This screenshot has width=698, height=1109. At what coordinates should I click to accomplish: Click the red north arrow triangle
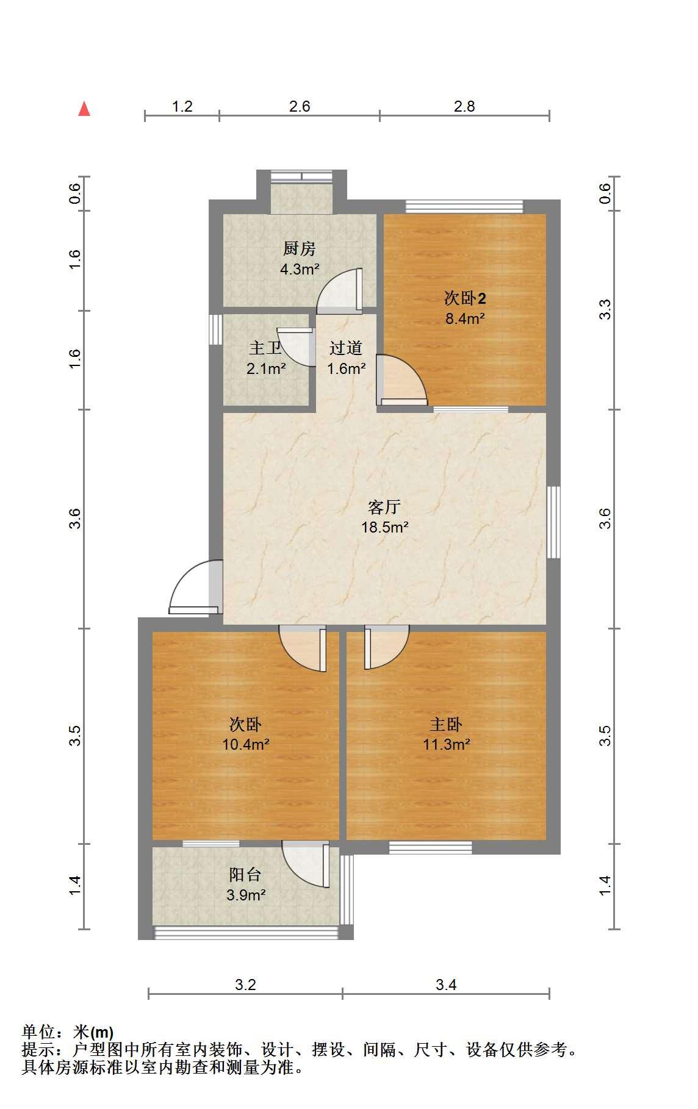coord(84,109)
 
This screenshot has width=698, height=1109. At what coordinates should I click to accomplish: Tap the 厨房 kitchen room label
coord(300,249)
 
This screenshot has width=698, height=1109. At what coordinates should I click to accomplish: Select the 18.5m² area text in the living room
coord(384,527)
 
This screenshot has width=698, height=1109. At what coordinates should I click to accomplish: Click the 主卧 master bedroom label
coord(446,725)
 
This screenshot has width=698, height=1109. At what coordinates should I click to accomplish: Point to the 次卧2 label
coord(465,298)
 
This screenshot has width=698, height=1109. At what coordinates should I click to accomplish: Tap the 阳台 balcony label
coord(245,875)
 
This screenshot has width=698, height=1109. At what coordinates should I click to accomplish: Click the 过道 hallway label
coord(346,348)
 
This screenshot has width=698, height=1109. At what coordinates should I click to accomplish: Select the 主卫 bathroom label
coord(265,348)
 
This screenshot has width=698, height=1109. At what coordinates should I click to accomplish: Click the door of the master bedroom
coord(386,648)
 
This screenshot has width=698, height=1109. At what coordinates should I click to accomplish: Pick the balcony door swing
coord(306,864)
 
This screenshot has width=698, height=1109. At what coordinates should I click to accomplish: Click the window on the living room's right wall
coord(553,522)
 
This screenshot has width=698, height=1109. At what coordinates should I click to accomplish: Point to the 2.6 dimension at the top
coord(300,107)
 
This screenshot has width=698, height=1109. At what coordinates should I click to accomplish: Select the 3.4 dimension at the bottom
coord(446,985)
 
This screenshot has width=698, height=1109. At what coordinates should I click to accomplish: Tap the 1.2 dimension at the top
coord(182,107)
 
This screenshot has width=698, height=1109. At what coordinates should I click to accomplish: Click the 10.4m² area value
coord(246,744)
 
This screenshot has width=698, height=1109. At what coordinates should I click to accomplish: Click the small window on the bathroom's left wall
coord(215,329)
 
